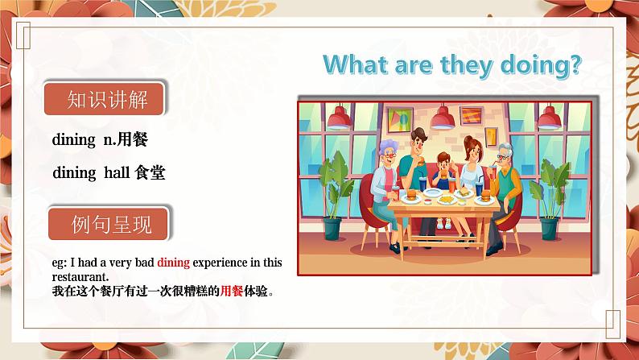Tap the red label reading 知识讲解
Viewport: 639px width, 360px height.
click(107, 101)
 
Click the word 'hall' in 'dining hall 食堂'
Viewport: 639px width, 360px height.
click(117, 172)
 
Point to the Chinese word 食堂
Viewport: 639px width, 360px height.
click(150, 172)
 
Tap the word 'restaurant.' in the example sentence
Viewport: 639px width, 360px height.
click(79, 274)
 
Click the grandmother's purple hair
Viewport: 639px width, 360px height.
click(388, 147)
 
